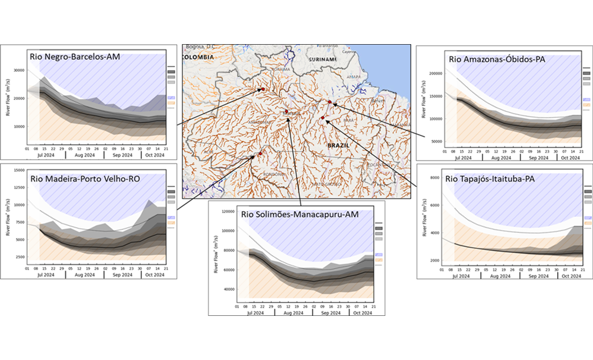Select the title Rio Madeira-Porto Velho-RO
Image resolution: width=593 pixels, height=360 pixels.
point(85,179)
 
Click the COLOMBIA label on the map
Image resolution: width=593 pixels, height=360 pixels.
point(197,57)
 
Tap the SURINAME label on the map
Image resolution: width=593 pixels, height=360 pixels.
point(324,60)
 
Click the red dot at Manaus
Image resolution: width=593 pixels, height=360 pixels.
point(286,111)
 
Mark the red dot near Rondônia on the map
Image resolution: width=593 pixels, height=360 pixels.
point(260,154)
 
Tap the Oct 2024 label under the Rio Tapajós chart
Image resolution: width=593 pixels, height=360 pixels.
point(570,275)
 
